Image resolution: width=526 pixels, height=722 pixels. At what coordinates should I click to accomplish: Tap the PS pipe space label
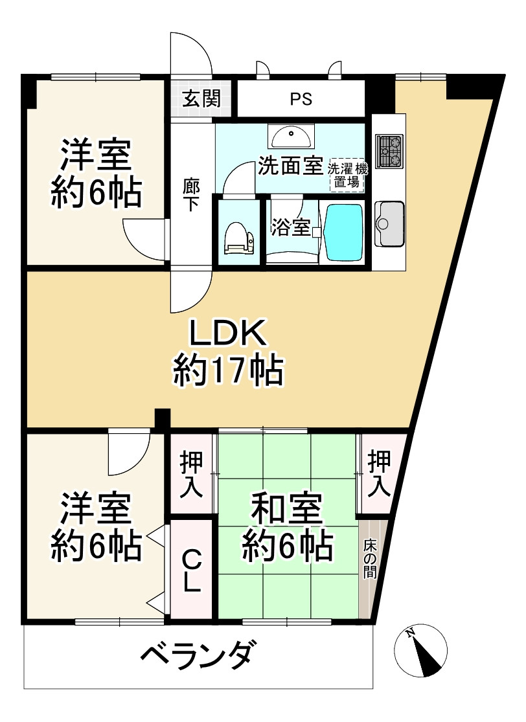pos(301,99)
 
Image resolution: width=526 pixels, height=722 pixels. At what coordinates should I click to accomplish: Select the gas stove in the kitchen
pos(389,152)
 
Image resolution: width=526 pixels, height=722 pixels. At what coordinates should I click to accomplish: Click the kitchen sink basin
pos(389,223)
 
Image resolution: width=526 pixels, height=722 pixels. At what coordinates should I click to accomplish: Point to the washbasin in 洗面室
pos(291,138)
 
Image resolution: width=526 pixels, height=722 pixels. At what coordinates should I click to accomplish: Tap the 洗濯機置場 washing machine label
pos(347,175)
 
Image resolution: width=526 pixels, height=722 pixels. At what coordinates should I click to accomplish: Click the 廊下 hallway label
pos(191,194)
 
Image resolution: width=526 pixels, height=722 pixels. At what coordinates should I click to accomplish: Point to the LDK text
pos(227,334)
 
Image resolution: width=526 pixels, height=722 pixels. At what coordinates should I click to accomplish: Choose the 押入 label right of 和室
pos(380,475)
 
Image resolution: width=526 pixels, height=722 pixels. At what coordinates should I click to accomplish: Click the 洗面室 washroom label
pos(290,166)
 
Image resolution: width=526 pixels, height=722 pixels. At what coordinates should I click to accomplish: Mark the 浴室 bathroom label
pos(291,227)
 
